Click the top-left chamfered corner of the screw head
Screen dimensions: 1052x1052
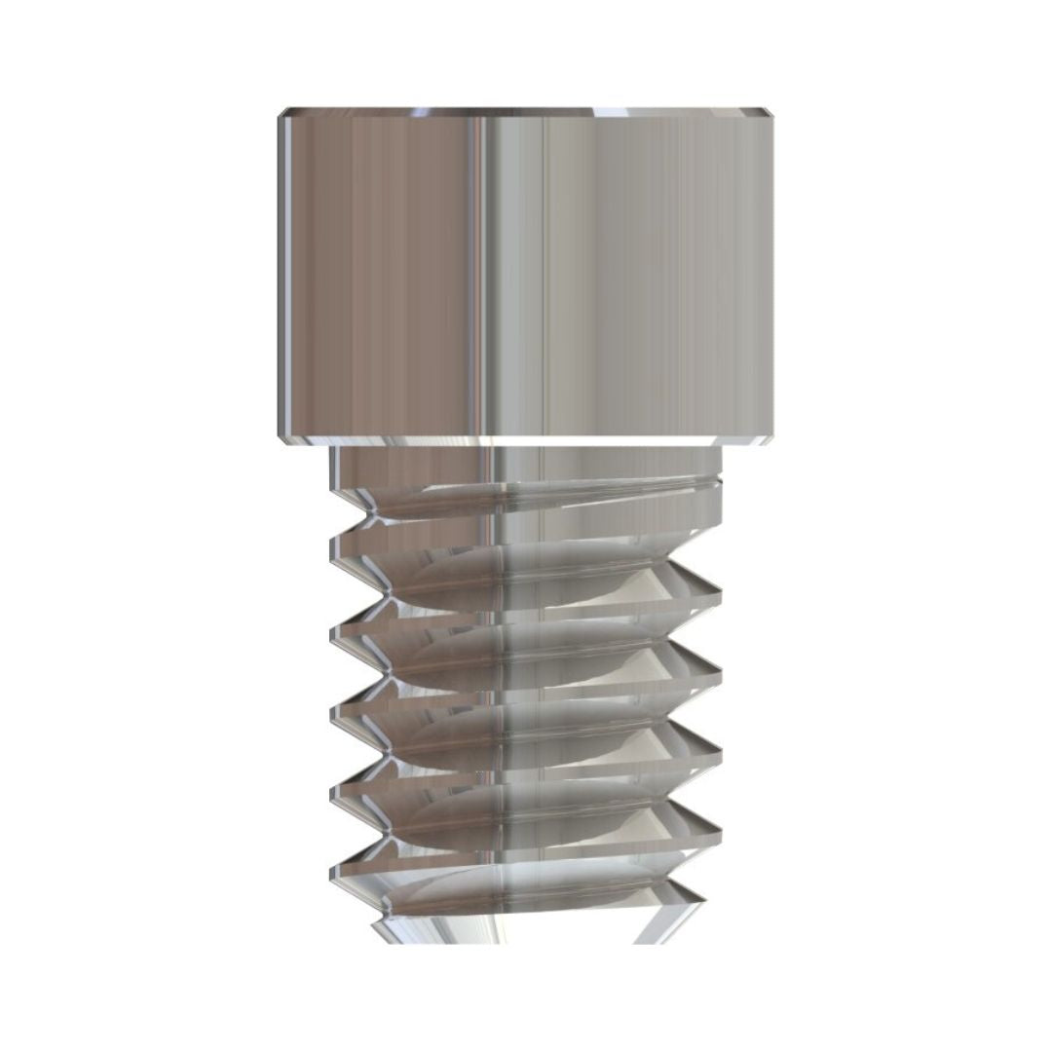pos(283,114)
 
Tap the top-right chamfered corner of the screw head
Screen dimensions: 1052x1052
pos(770,114)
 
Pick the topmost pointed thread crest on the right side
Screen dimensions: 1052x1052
pos(719,589)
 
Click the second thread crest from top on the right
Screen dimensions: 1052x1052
pos(719,671)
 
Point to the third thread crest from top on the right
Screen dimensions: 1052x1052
pos(719,751)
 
